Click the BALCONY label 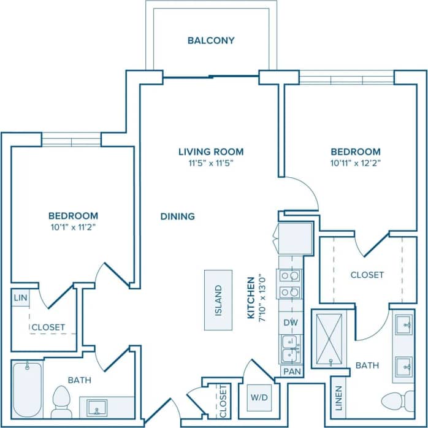(x=211, y=41)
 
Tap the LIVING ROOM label (x=211, y=151)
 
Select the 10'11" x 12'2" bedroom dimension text (x=356, y=163)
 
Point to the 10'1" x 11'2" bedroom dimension (x=73, y=227)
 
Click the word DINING (x=178, y=216)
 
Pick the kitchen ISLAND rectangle (x=218, y=300)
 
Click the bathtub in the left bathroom (x=26, y=389)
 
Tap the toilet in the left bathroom (x=61, y=401)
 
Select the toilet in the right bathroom (x=398, y=402)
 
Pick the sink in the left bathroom (x=97, y=407)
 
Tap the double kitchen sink (x=289, y=349)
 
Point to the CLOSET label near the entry (x=223, y=401)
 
